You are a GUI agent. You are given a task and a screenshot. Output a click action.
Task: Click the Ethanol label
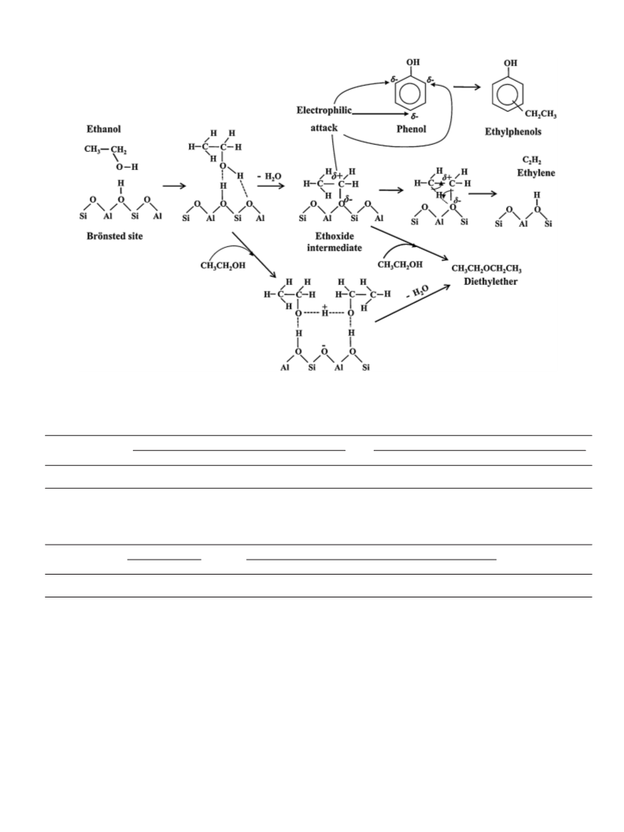(x=103, y=129)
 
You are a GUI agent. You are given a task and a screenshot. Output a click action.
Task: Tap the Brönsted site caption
(x=115, y=236)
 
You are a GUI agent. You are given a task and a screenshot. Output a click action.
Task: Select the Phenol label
(x=412, y=129)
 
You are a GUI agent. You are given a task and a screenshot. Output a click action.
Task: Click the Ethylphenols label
(x=513, y=131)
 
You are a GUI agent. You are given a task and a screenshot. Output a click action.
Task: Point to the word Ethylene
(x=536, y=173)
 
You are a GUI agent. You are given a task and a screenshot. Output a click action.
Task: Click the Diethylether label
(x=490, y=281)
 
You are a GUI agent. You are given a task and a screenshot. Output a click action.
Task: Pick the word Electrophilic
(x=323, y=110)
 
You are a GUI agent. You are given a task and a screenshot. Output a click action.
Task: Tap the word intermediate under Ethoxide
(x=334, y=248)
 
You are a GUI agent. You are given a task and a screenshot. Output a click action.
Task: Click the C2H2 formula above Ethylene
(x=532, y=160)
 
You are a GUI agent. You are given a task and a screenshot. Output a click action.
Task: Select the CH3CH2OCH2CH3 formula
(x=486, y=268)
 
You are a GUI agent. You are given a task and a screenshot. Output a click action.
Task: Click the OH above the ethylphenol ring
(x=511, y=63)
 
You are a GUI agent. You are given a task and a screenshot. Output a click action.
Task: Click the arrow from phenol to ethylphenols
(x=467, y=87)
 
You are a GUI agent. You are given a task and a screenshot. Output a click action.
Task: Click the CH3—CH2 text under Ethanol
(x=105, y=150)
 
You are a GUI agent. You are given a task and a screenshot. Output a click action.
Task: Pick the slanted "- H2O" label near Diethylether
(x=417, y=292)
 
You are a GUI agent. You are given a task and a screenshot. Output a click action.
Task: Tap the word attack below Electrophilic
(x=323, y=128)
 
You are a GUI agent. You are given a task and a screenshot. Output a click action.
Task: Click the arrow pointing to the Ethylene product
(x=483, y=194)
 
